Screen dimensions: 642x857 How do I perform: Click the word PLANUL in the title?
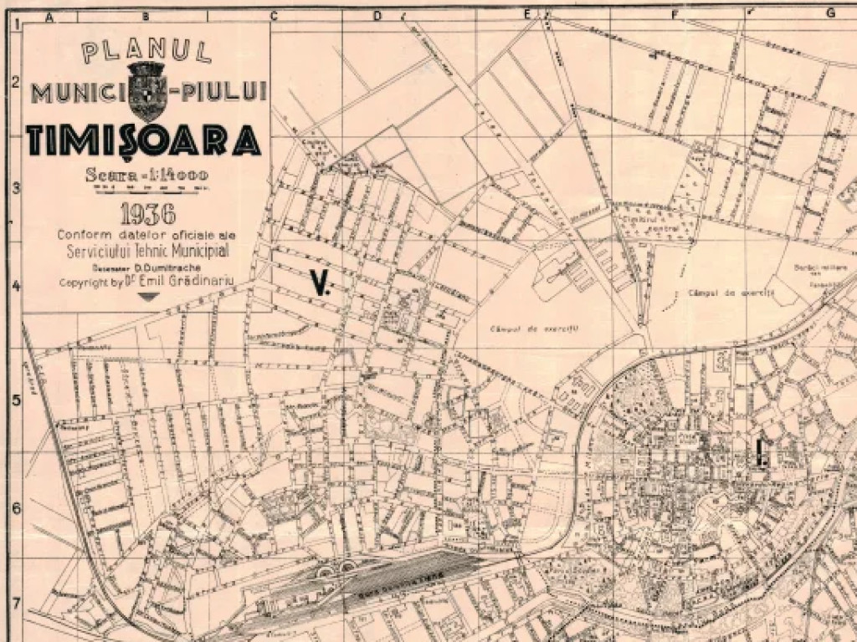146,52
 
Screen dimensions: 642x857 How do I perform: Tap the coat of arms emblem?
149,90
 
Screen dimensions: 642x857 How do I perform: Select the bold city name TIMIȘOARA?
142,140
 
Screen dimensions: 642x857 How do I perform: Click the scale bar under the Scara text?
147,188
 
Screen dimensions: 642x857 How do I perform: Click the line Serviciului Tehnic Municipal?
147,250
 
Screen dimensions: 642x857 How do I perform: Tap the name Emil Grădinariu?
185,283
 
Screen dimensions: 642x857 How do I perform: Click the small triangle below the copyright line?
147,297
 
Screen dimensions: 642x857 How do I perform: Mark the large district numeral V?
320,283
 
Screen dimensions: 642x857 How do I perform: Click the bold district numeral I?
761,452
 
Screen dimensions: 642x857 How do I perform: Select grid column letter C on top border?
273,14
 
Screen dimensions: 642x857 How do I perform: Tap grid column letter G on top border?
831,13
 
